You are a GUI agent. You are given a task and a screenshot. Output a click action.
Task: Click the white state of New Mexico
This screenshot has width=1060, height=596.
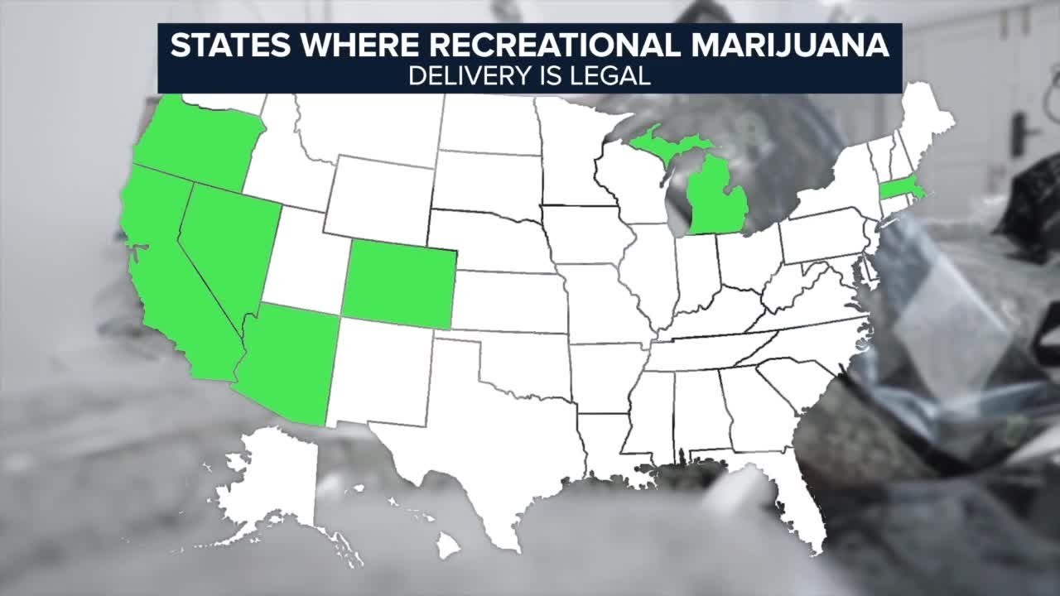tap(378, 372)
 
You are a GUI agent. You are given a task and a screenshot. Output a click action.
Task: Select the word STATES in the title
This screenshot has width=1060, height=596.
tap(219, 46)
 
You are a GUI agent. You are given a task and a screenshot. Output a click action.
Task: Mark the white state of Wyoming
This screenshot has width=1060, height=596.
tap(378, 199)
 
